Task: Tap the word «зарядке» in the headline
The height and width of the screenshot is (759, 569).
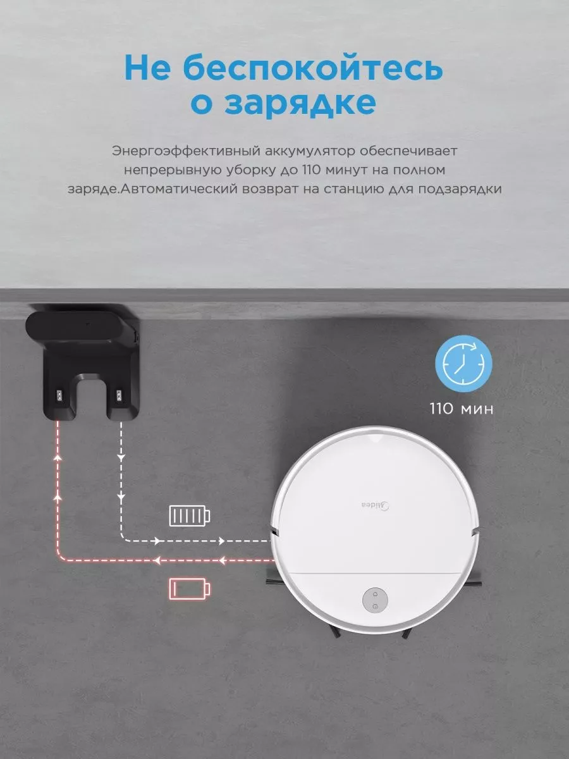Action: (300, 102)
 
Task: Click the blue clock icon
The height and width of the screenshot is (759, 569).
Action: (463, 364)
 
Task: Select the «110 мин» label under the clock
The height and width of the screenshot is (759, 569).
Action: (462, 409)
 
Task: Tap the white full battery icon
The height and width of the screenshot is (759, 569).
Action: (190, 516)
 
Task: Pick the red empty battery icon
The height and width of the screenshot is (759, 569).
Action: (190, 588)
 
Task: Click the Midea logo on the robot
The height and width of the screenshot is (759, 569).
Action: (376, 505)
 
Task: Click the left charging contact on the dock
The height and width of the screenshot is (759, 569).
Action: (59, 395)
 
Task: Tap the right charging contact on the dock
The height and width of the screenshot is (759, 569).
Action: (120, 395)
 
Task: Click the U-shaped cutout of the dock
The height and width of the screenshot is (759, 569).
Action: (92, 394)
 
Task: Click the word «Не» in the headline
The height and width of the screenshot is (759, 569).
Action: (148, 68)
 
